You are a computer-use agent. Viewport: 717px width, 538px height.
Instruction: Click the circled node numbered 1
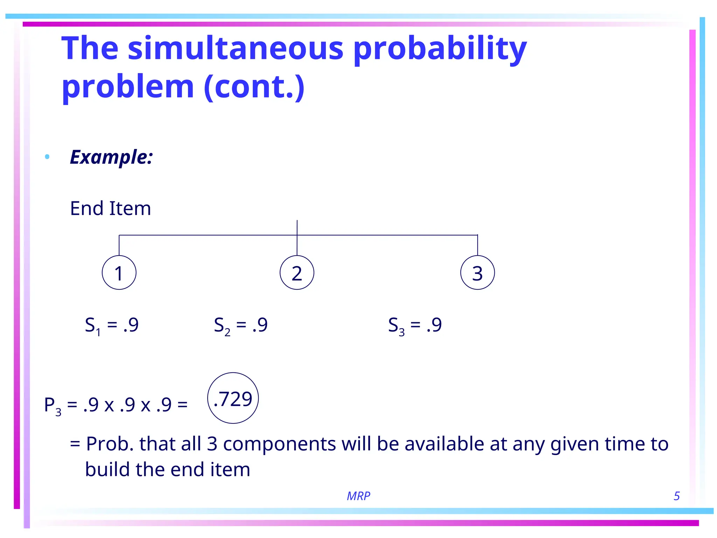coord(119,273)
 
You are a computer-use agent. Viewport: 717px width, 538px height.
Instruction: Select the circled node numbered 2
coord(297,273)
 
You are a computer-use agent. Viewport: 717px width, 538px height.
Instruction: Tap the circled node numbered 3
coord(478,273)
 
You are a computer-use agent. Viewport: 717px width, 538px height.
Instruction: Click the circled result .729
coord(233,398)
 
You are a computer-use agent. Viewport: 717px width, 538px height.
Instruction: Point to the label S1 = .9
coord(112,325)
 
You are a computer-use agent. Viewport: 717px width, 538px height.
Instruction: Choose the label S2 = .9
coord(241,325)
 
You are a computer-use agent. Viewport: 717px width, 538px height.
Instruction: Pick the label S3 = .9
coord(415,325)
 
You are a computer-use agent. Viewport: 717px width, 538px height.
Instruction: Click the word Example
coord(111,157)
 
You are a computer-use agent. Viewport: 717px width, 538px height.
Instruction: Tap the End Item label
coord(111,208)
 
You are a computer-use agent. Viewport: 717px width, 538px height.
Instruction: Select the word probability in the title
coord(440,49)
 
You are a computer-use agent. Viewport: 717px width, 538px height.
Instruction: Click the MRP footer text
coord(358,496)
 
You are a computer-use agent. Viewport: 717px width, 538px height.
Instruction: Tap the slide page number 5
coord(676,496)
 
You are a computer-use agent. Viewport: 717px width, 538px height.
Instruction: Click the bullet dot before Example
coord(47,157)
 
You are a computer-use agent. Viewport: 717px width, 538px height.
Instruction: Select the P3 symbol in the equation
coord(53,406)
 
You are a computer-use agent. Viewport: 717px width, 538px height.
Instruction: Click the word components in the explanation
coord(280,444)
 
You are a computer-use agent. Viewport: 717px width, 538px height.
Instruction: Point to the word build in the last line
coord(107,470)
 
